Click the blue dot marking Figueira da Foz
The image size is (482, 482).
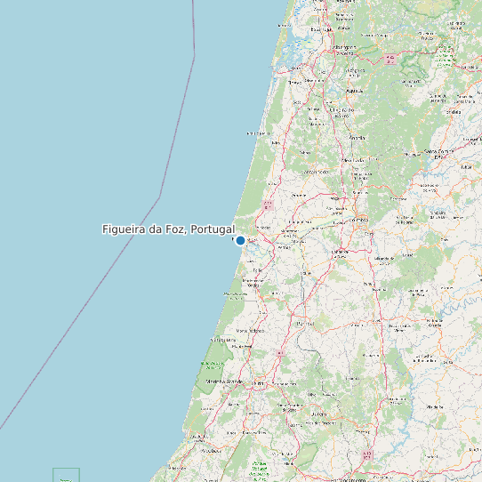tap(240, 240)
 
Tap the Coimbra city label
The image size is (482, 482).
tap(359, 218)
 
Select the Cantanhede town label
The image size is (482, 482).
tap(317, 172)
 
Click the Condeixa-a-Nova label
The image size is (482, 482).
tap(341, 252)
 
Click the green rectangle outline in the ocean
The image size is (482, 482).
tap(66, 475)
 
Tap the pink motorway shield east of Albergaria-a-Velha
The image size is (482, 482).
tap(390, 60)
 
